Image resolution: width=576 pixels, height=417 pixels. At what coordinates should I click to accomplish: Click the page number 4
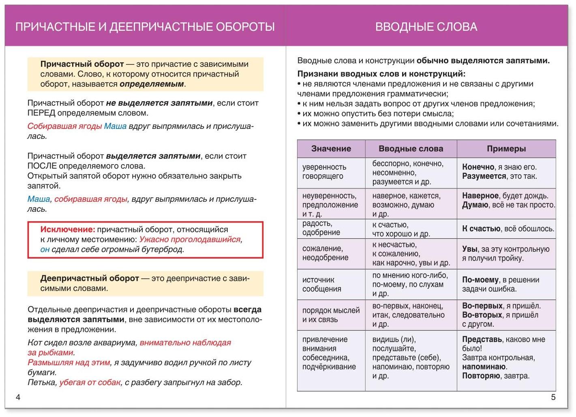(18, 397)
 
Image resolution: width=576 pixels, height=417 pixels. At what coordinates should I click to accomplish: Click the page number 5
(553, 397)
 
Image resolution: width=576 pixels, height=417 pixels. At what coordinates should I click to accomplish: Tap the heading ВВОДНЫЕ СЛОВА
(426, 27)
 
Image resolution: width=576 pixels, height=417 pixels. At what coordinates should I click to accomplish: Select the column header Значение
(331, 149)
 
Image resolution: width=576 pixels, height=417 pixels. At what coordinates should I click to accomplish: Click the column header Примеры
(506, 149)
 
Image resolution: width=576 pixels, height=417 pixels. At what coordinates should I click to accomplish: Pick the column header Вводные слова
(411, 149)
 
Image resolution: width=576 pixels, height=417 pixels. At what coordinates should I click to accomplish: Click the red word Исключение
(67, 230)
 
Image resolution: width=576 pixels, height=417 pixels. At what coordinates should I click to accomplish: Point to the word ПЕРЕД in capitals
(41, 113)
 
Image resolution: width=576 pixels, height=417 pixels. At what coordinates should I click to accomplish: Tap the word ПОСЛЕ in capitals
(42, 166)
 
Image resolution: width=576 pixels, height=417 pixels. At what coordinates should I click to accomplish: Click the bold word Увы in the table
(470, 249)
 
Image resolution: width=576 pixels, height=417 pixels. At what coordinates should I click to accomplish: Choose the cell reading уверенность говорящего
(324, 171)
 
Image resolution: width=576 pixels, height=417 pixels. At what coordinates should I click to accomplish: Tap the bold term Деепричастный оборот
(90, 278)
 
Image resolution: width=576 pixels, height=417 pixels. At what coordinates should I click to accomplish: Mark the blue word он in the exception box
(45, 250)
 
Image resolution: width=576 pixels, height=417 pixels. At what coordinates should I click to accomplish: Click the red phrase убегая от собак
(90, 383)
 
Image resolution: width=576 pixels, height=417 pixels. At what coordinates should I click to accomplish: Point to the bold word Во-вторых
(482, 315)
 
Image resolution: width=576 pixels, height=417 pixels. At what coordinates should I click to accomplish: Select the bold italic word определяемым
(152, 84)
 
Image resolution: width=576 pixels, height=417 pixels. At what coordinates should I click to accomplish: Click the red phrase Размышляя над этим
(69, 363)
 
